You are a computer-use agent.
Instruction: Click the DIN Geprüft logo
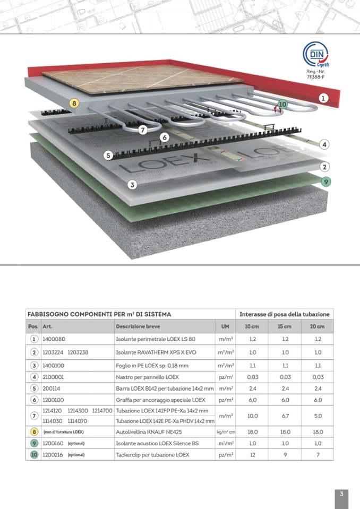315,55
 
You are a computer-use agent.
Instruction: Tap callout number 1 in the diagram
323,98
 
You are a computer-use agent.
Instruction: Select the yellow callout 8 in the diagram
74,102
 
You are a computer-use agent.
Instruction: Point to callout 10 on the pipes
282,105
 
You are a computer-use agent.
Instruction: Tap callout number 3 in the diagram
132,185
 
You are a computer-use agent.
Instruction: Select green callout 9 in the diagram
327,182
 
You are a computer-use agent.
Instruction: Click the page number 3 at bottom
341,494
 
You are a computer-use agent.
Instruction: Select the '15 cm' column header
285,326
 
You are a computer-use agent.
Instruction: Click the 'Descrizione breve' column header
138,326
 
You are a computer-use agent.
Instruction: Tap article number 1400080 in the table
54,339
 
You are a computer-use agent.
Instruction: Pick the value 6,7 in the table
285,416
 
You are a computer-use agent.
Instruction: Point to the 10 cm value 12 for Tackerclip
252,455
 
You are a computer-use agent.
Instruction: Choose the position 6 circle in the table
34,400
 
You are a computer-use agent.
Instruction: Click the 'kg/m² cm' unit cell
225,432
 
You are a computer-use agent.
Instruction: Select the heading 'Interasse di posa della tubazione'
285,314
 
